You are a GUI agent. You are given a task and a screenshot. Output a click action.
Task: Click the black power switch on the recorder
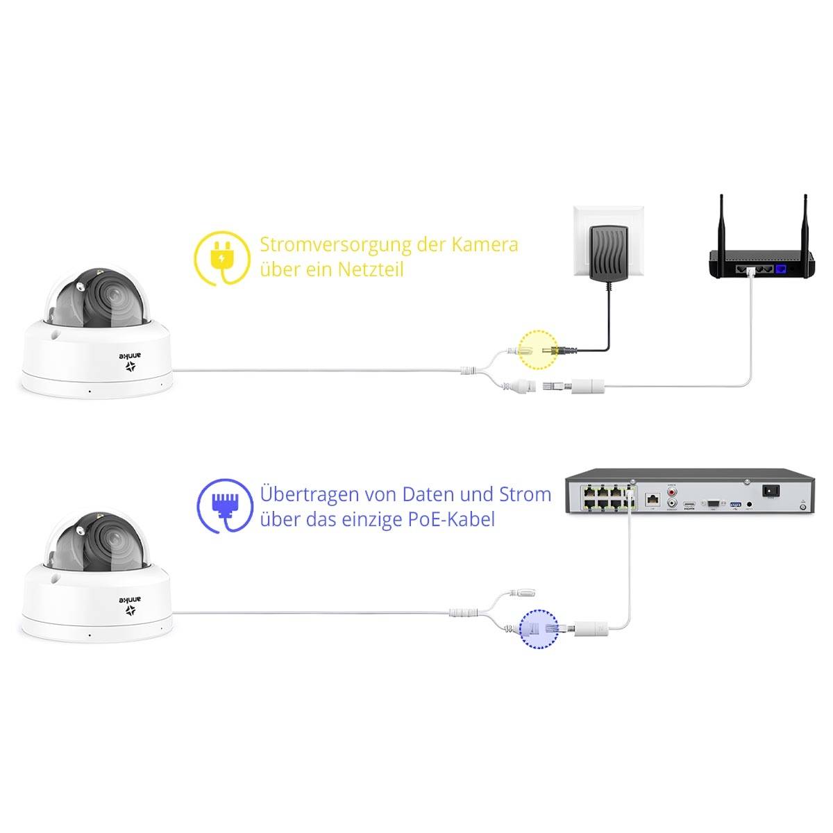(770, 490)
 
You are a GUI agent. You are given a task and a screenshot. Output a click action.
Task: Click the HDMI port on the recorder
(689, 505)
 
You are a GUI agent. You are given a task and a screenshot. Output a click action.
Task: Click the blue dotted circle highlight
(539, 629)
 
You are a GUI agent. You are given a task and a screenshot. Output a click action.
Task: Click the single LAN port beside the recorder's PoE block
(653, 498)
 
